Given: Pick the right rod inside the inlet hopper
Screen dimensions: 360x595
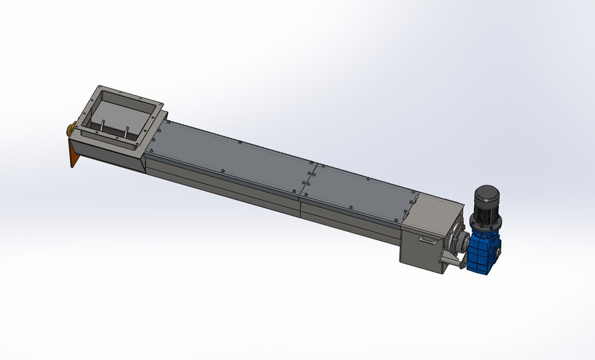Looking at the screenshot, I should pos(126,133).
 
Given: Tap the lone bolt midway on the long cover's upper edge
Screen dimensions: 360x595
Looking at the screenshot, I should pos(239,143).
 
